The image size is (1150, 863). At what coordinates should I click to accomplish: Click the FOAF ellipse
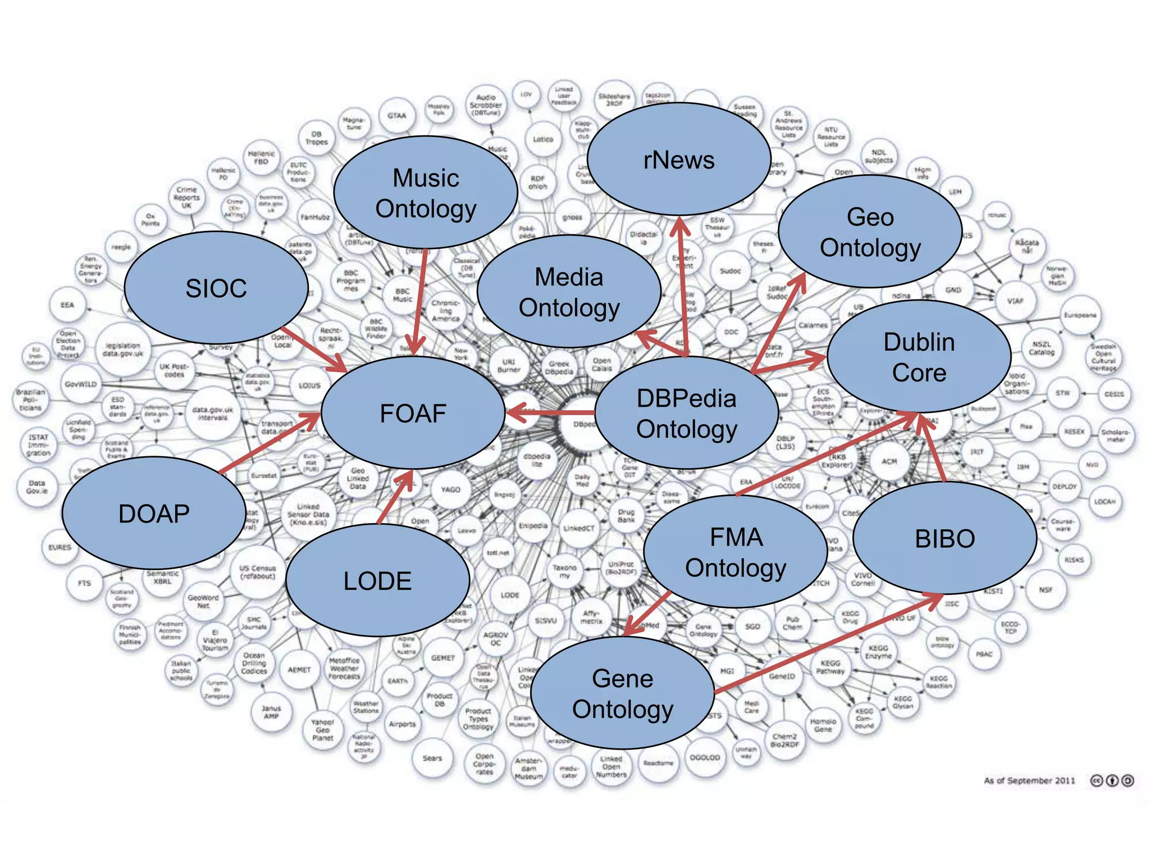(x=413, y=413)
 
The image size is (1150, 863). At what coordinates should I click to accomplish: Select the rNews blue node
(x=678, y=160)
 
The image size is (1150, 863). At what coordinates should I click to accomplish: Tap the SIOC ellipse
(x=216, y=288)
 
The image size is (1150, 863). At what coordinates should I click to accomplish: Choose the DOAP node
(x=154, y=513)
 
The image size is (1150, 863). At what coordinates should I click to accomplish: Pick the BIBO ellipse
(x=944, y=538)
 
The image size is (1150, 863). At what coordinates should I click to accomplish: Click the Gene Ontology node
(x=622, y=693)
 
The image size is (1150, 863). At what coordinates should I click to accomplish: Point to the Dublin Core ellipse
(x=919, y=357)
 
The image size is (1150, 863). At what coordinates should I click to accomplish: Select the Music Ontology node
(x=426, y=193)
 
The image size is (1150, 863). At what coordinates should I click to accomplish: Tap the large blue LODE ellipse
(x=377, y=580)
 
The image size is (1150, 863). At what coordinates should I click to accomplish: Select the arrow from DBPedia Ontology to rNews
(x=683, y=287)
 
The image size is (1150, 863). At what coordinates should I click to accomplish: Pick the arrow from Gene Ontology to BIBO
(x=828, y=643)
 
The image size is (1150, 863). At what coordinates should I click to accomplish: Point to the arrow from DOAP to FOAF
(x=270, y=443)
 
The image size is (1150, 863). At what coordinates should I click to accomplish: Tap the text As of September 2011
(x=1029, y=780)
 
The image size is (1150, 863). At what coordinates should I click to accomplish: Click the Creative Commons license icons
(x=1112, y=780)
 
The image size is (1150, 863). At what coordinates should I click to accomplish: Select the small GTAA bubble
(x=396, y=116)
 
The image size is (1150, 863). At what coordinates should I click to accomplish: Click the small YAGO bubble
(x=450, y=489)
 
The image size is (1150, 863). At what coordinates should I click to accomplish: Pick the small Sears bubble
(x=432, y=758)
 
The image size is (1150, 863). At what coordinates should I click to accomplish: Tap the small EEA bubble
(x=67, y=305)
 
